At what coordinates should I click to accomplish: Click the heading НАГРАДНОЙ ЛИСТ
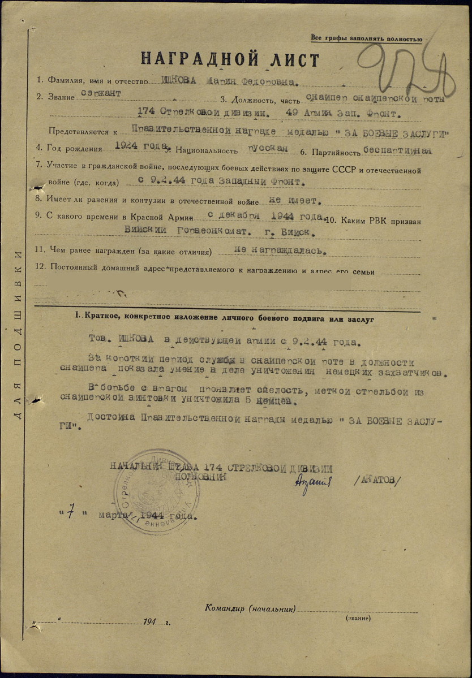coord(230,59)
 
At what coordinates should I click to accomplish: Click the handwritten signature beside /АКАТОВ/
coord(312,483)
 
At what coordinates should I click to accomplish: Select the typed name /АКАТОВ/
coord(376,480)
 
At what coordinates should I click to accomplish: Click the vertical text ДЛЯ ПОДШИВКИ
coord(18,334)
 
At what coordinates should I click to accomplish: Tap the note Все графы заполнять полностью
coord(366,38)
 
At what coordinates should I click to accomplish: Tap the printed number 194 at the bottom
coord(149,621)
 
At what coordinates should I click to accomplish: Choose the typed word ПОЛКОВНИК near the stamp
coord(201,477)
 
